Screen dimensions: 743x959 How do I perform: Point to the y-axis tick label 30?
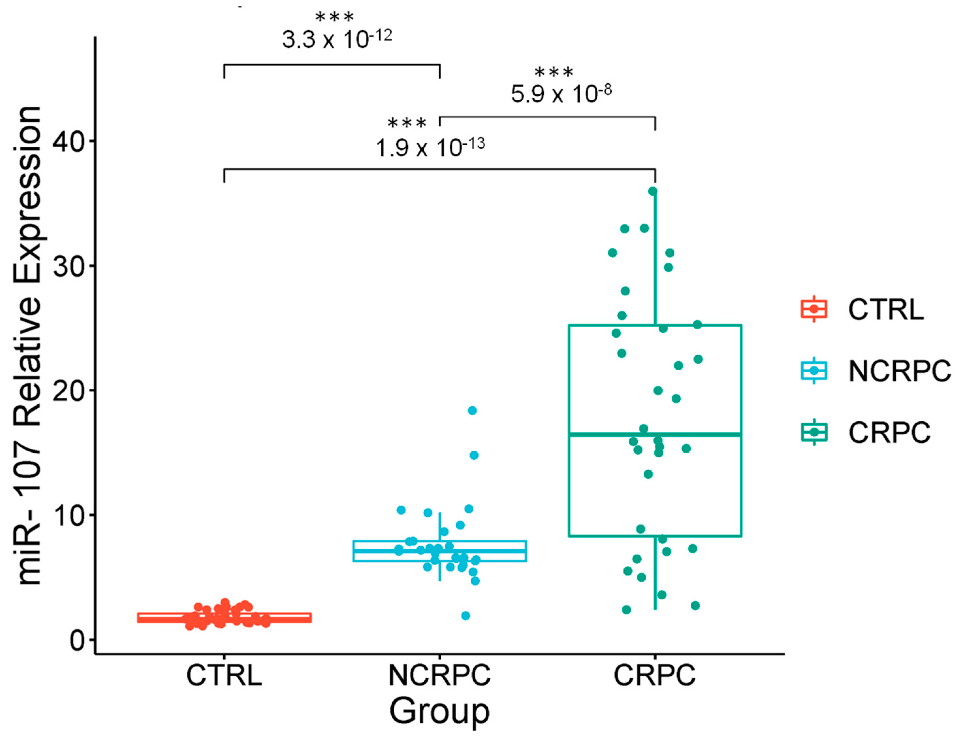point(68,266)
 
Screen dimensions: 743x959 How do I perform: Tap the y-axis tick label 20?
point(68,391)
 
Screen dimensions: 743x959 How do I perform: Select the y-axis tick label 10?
point(68,515)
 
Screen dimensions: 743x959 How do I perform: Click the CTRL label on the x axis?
point(224,675)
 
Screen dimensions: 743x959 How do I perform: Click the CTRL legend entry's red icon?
point(814,309)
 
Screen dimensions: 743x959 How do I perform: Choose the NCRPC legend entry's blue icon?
point(814,370)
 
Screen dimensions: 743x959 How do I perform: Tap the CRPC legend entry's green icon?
point(814,432)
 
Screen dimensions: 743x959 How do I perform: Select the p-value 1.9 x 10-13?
point(430,147)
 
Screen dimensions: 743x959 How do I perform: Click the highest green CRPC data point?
point(652,191)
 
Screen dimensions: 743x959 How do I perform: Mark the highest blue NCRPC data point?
point(472,411)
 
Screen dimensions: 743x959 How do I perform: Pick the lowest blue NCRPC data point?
point(465,616)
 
